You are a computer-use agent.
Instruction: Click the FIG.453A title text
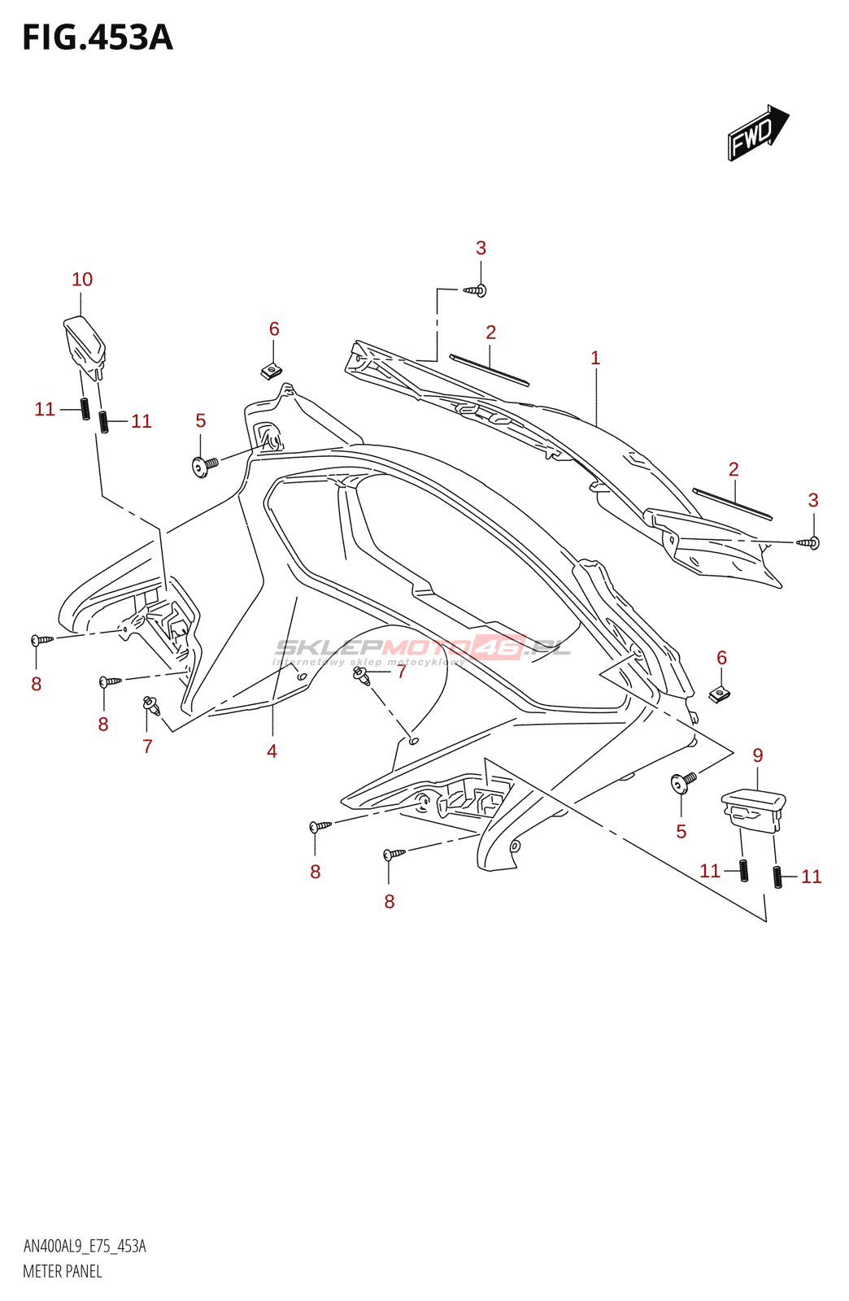pos(98,38)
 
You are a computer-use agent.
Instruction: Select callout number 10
pos(82,280)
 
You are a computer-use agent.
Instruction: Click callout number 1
pos(595,358)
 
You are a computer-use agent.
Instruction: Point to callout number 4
pos(272,751)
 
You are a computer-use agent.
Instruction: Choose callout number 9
pos(758,755)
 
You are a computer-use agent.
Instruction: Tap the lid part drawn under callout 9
pos(754,809)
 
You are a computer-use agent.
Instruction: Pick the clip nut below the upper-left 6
pos(272,372)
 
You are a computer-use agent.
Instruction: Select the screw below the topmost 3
pos(477,289)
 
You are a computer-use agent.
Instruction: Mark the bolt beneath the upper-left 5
pos(203,466)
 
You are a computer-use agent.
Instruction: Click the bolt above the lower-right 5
pos(683,781)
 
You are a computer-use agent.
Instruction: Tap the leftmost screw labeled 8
pos(41,640)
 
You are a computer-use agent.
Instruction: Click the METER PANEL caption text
pos(63,1272)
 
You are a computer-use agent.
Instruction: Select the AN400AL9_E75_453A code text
pos(85,1247)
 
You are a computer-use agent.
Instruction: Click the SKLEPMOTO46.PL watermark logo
pos(423,649)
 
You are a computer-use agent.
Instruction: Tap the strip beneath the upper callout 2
pos(490,370)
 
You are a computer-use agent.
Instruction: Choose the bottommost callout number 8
pos(390,902)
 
